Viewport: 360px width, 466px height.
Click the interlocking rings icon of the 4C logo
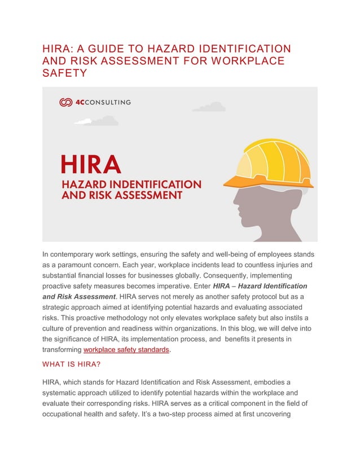tap(66, 102)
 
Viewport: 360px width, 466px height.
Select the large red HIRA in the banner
tap(90, 164)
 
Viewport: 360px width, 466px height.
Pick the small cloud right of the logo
tap(208, 107)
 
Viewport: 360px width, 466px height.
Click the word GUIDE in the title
tap(99, 49)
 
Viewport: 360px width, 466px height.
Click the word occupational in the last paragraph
tap(67, 414)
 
